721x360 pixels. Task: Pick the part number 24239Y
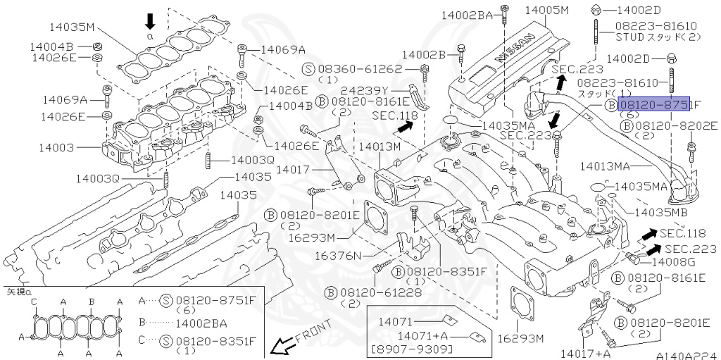(384, 91)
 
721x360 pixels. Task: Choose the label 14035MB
(661, 211)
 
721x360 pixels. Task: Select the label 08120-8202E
(677, 125)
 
